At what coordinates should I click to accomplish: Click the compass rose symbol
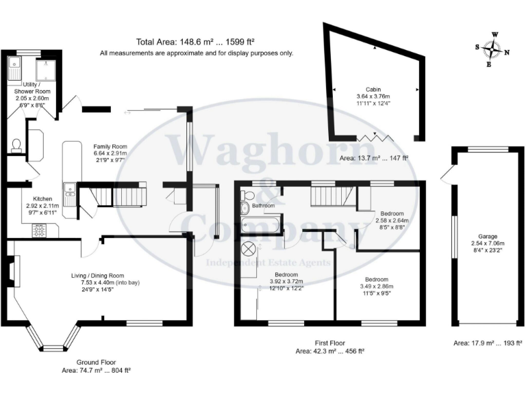click(x=493, y=49)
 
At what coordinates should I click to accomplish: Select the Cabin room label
click(x=373, y=89)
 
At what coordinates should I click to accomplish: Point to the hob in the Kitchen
click(x=39, y=231)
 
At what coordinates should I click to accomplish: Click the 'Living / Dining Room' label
click(x=99, y=276)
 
